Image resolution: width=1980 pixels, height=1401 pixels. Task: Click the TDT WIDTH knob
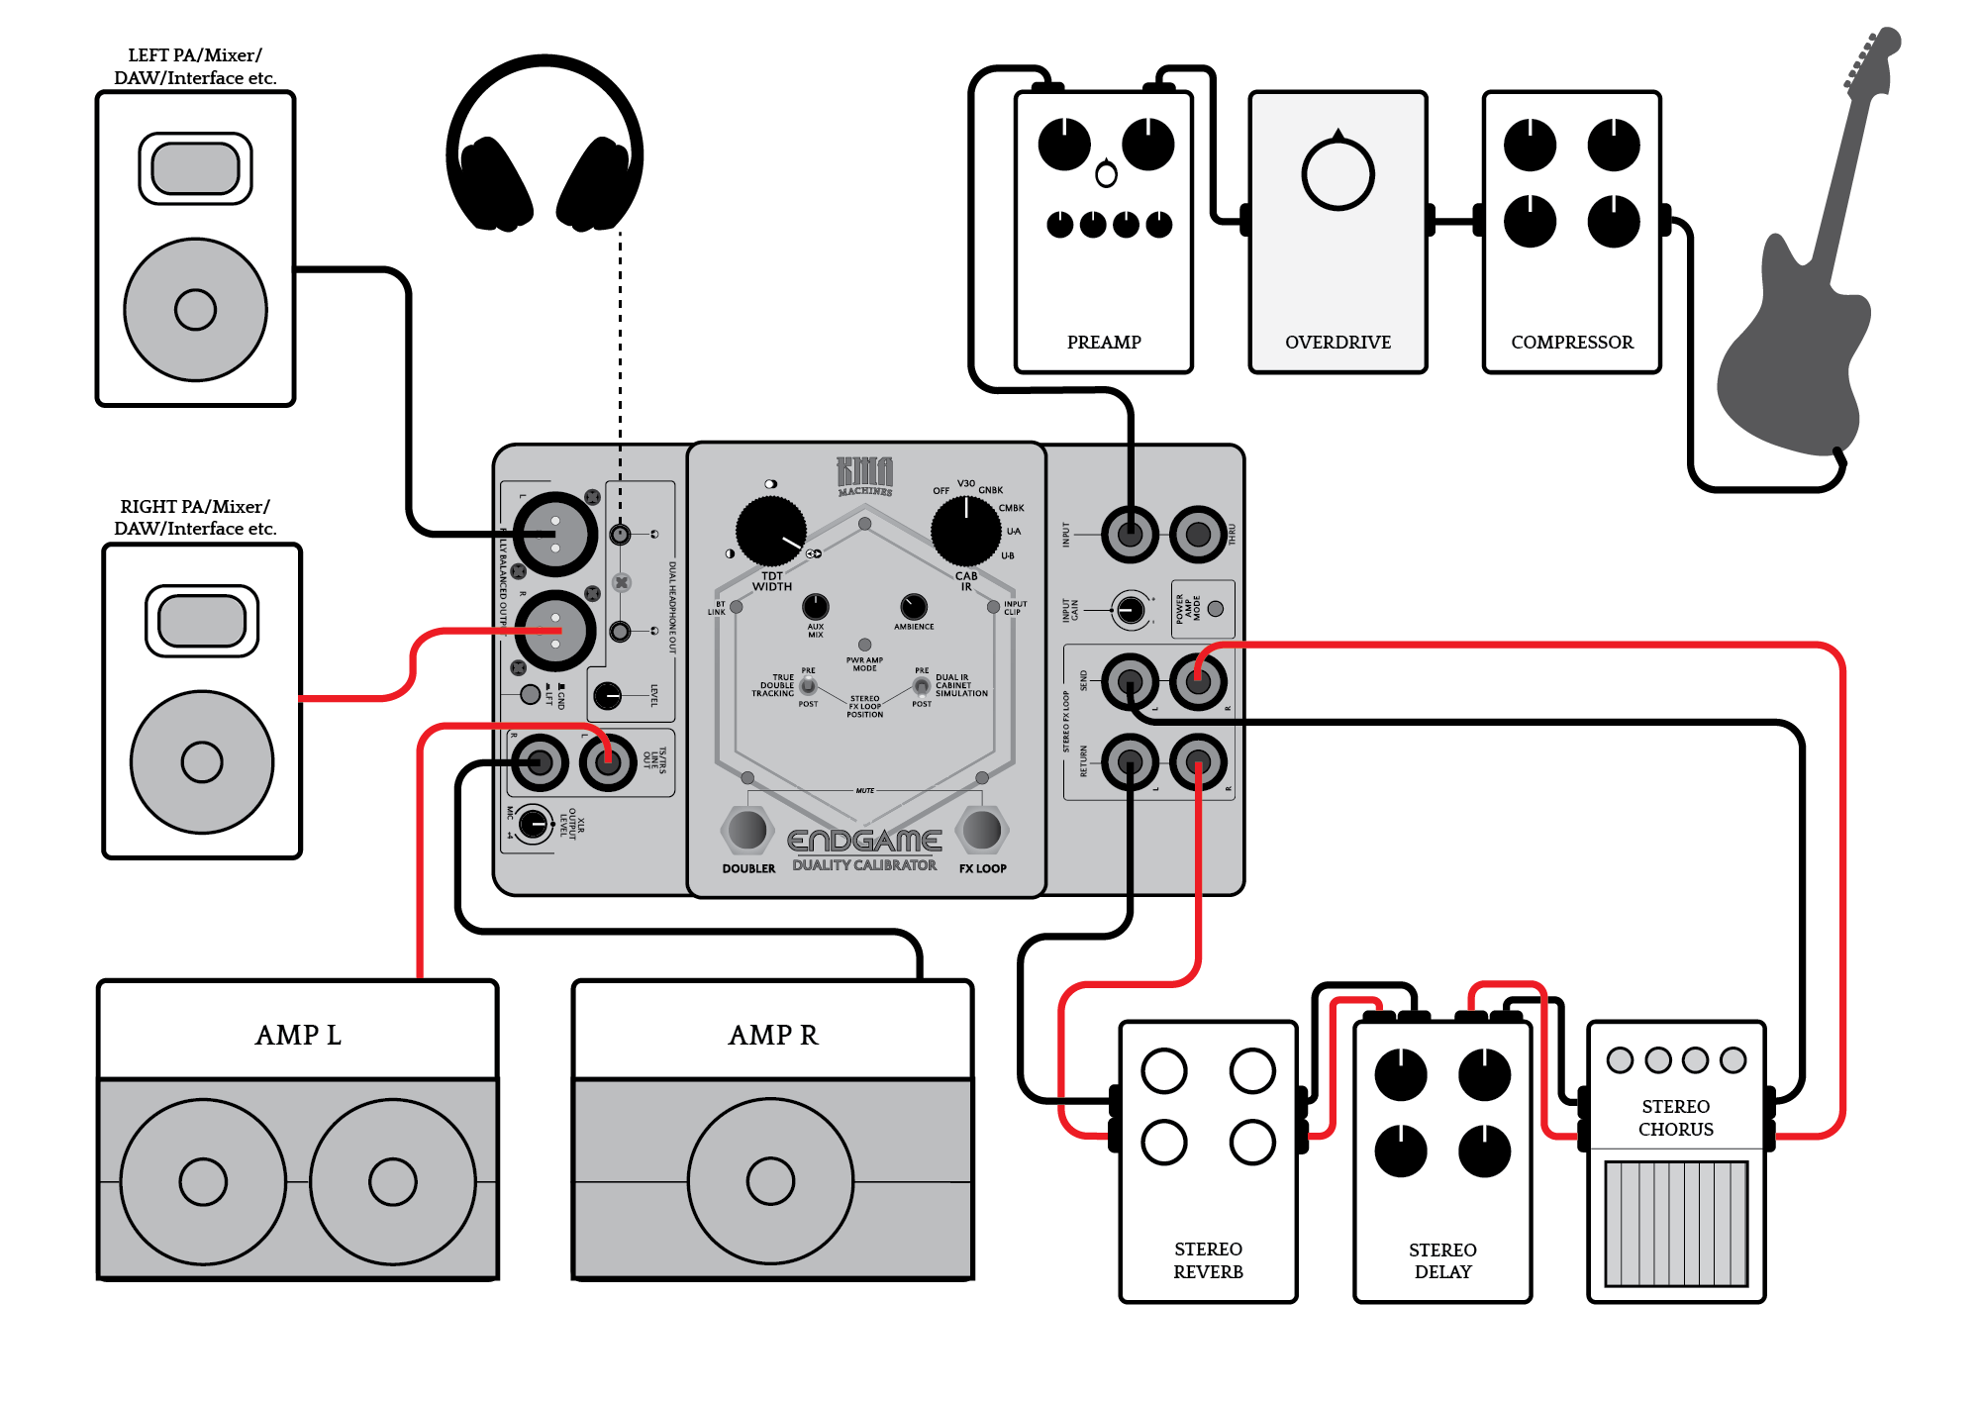coord(770,532)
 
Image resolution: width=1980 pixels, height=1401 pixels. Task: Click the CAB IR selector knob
coord(965,532)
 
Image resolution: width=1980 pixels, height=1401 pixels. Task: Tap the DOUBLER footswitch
coord(747,830)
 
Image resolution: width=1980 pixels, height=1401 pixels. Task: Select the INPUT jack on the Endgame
coord(1130,535)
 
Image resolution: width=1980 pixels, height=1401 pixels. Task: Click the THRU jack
coord(1198,535)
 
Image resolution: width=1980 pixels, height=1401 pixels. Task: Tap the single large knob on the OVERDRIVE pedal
coord(1337,174)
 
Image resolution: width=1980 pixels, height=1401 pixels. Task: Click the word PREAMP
coord(1104,343)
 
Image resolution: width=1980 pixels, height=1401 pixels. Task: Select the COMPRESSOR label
coord(1572,343)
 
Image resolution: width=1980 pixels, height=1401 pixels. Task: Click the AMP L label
coord(298,1036)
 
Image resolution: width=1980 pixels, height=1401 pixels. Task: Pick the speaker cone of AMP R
coord(770,1180)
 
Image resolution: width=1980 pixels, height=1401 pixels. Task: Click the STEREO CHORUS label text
coord(1675,1118)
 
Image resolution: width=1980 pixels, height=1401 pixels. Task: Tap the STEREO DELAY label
coord(1442,1260)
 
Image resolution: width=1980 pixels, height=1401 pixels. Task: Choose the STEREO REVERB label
coord(1208,1260)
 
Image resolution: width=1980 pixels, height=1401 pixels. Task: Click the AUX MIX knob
coord(815,606)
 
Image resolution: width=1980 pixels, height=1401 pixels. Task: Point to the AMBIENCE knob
coord(914,606)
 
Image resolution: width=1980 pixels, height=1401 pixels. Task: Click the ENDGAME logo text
coord(864,841)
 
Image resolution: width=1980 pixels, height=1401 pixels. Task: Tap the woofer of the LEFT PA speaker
coord(195,309)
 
